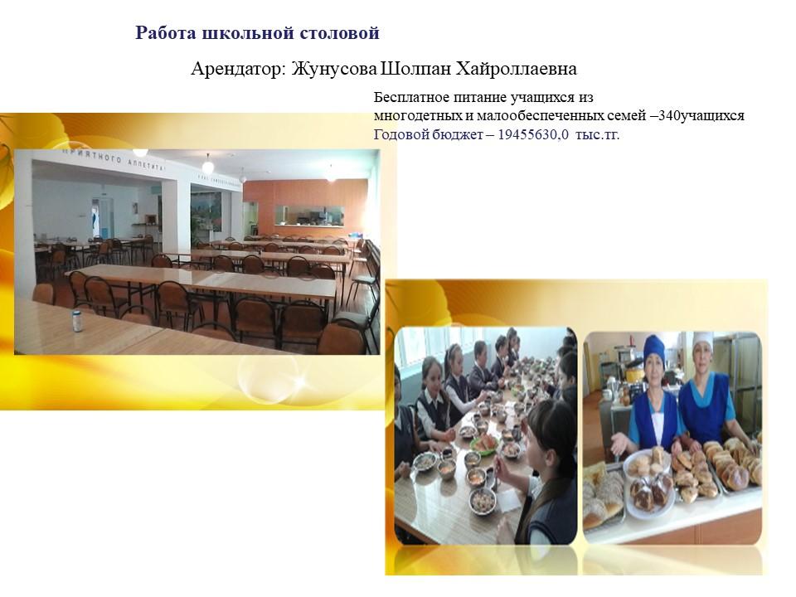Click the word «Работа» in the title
tap(166, 33)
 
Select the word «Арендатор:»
tap(239, 69)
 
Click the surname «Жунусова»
tap(334, 69)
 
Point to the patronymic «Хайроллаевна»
tap(517, 69)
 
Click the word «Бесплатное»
tap(412, 97)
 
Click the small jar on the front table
tap(77, 321)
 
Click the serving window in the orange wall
tap(309, 216)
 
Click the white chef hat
tap(703, 340)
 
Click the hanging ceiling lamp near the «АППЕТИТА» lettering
tap(207, 166)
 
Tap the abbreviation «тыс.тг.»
tap(598, 135)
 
